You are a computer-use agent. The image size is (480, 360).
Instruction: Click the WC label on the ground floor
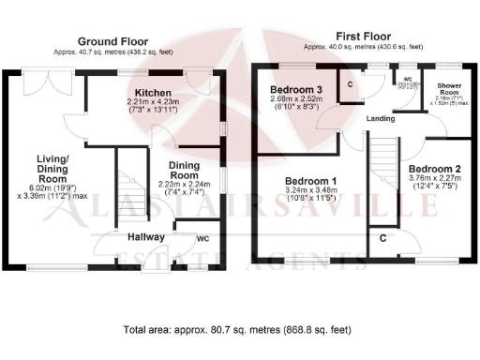pyautogui.click(x=202, y=239)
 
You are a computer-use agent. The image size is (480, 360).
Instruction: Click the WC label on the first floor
pyautogui.click(x=407, y=80)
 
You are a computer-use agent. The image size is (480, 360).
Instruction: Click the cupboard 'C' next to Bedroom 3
pyautogui.click(x=350, y=84)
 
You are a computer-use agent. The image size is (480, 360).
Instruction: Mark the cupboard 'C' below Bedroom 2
pyautogui.click(x=384, y=238)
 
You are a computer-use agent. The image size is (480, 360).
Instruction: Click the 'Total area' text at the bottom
pyautogui.click(x=239, y=330)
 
